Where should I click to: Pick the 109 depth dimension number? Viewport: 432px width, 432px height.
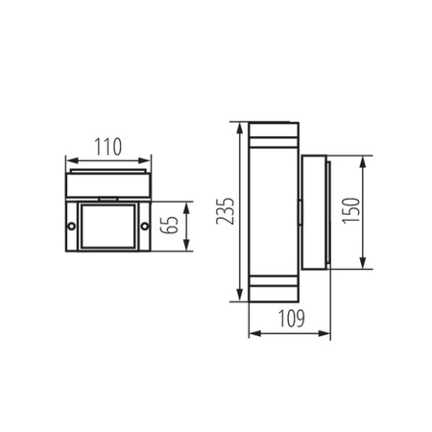point(289,318)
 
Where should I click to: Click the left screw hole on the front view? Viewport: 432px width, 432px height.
point(70,227)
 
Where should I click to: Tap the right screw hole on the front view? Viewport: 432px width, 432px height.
point(144,227)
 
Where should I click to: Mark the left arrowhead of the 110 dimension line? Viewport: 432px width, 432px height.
point(67,159)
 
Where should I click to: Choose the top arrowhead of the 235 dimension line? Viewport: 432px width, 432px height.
point(237,126)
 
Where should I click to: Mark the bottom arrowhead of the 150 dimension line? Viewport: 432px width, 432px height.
point(361,265)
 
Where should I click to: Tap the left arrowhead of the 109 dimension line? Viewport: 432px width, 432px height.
point(252,334)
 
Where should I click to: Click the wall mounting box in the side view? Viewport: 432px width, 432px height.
point(317,212)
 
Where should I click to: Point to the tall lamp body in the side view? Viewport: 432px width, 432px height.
point(276,211)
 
